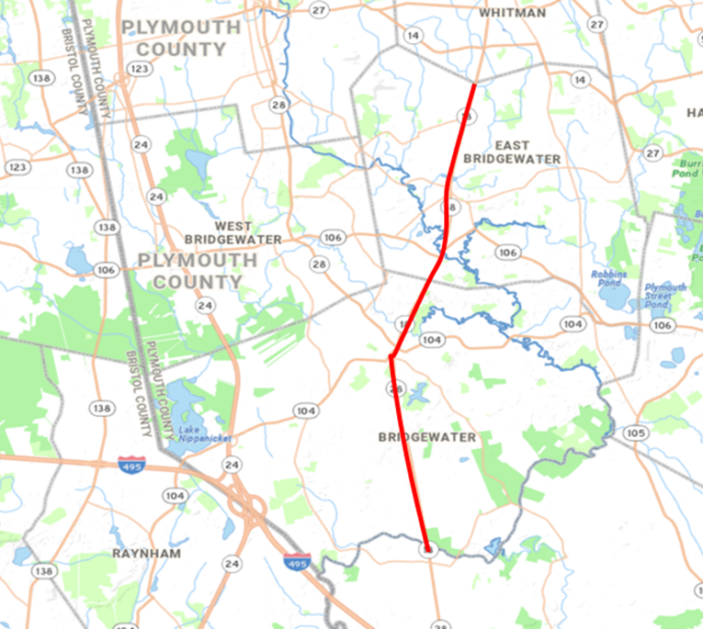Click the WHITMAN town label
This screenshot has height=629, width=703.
(x=512, y=13)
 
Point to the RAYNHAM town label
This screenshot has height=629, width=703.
(x=146, y=554)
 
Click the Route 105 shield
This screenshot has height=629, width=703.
(x=634, y=432)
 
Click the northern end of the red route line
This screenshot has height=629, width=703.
(x=474, y=85)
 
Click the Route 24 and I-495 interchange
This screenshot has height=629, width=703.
(x=246, y=505)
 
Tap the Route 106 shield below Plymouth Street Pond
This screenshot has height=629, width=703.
(x=662, y=325)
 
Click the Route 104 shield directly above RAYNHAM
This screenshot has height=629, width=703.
(x=174, y=495)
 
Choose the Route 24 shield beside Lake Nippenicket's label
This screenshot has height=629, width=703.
(x=232, y=465)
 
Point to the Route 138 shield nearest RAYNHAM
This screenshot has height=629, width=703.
(x=43, y=571)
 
